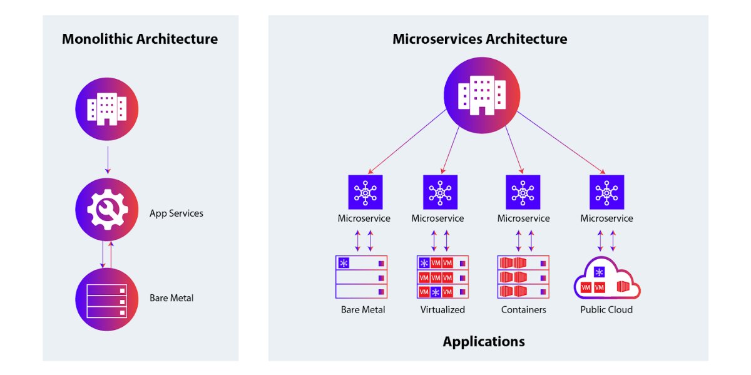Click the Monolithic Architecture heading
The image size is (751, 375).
pos(140,39)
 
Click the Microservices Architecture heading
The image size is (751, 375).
pos(479,39)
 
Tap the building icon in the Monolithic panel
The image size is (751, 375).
pos(106,110)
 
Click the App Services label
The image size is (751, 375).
pos(176,213)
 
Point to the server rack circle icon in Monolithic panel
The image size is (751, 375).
pos(106,299)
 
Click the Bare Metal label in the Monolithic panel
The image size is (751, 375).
pos(171,298)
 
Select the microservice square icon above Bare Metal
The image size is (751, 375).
pos(365,192)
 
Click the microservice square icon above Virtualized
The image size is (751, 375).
pos(440,192)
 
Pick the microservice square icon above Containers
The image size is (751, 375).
pos(523,192)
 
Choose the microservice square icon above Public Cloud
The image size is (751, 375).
pos(606,192)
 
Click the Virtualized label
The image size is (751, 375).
pos(442,310)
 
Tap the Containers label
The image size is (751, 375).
pos(523,310)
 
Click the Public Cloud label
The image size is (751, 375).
pos(606,310)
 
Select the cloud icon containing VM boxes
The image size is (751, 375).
pos(606,281)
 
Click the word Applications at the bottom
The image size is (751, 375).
pos(483,342)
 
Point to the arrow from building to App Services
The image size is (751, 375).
pos(107,160)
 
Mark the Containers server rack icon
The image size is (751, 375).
pos(523,277)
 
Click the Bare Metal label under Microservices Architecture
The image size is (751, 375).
pos(363,310)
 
